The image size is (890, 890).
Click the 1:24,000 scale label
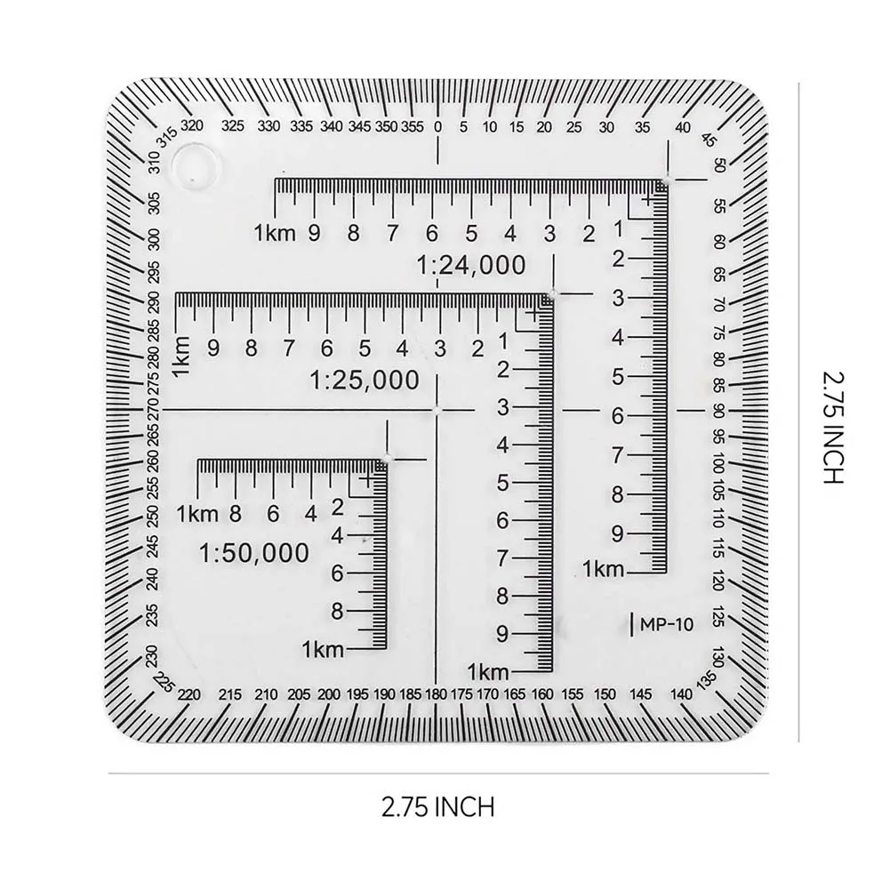471,265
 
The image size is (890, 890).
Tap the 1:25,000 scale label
365,381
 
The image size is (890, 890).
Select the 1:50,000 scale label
255,553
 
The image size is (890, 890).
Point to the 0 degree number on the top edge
437,127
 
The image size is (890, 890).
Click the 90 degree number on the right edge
718,410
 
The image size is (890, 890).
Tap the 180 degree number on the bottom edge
436,694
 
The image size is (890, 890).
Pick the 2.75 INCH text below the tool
437,807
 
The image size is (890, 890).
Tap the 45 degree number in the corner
709,139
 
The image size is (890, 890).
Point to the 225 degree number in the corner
164,683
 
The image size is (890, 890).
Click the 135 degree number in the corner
709,680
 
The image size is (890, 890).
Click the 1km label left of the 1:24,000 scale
272,235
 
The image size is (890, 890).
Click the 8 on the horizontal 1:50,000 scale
236,513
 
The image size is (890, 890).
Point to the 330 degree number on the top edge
269,127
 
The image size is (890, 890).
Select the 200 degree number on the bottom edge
329,694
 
